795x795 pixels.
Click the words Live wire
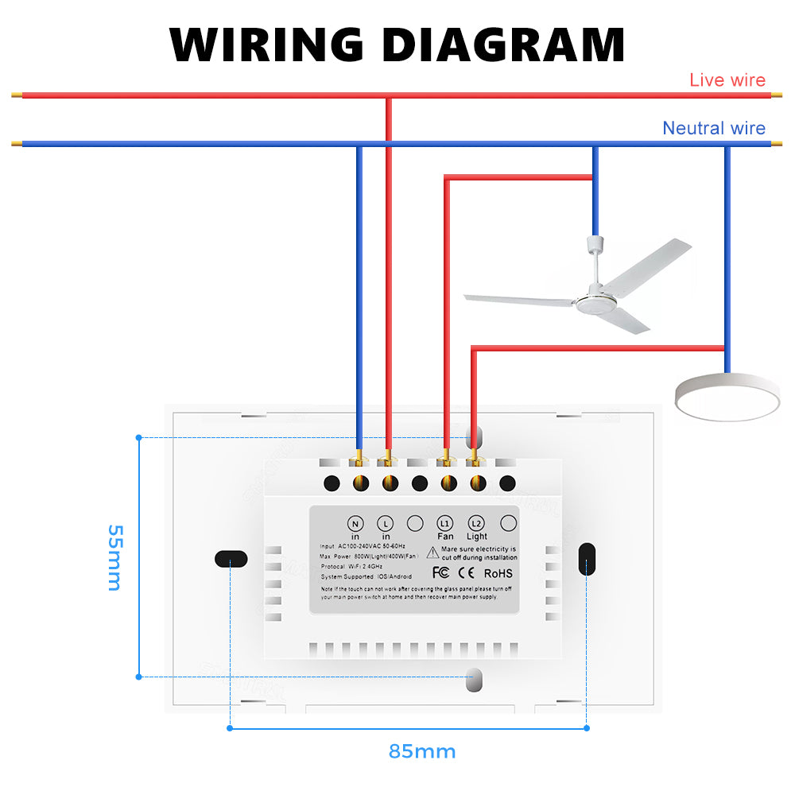(727, 80)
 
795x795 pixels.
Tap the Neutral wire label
(714, 129)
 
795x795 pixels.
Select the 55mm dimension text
(114, 556)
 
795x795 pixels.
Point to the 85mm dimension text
(422, 751)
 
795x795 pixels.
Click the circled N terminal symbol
(355, 523)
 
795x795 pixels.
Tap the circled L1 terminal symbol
(445, 523)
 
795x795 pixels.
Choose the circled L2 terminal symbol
(476, 523)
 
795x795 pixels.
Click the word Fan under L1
(445, 537)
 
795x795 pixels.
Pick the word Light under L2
(477, 537)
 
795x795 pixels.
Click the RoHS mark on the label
(498, 572)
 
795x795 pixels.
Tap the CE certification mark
(467, 572)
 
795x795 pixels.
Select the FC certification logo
(442, 572)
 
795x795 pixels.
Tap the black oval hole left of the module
(231, 558)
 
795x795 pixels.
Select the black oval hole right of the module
(587, 558)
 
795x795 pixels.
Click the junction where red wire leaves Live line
(388, 96)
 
